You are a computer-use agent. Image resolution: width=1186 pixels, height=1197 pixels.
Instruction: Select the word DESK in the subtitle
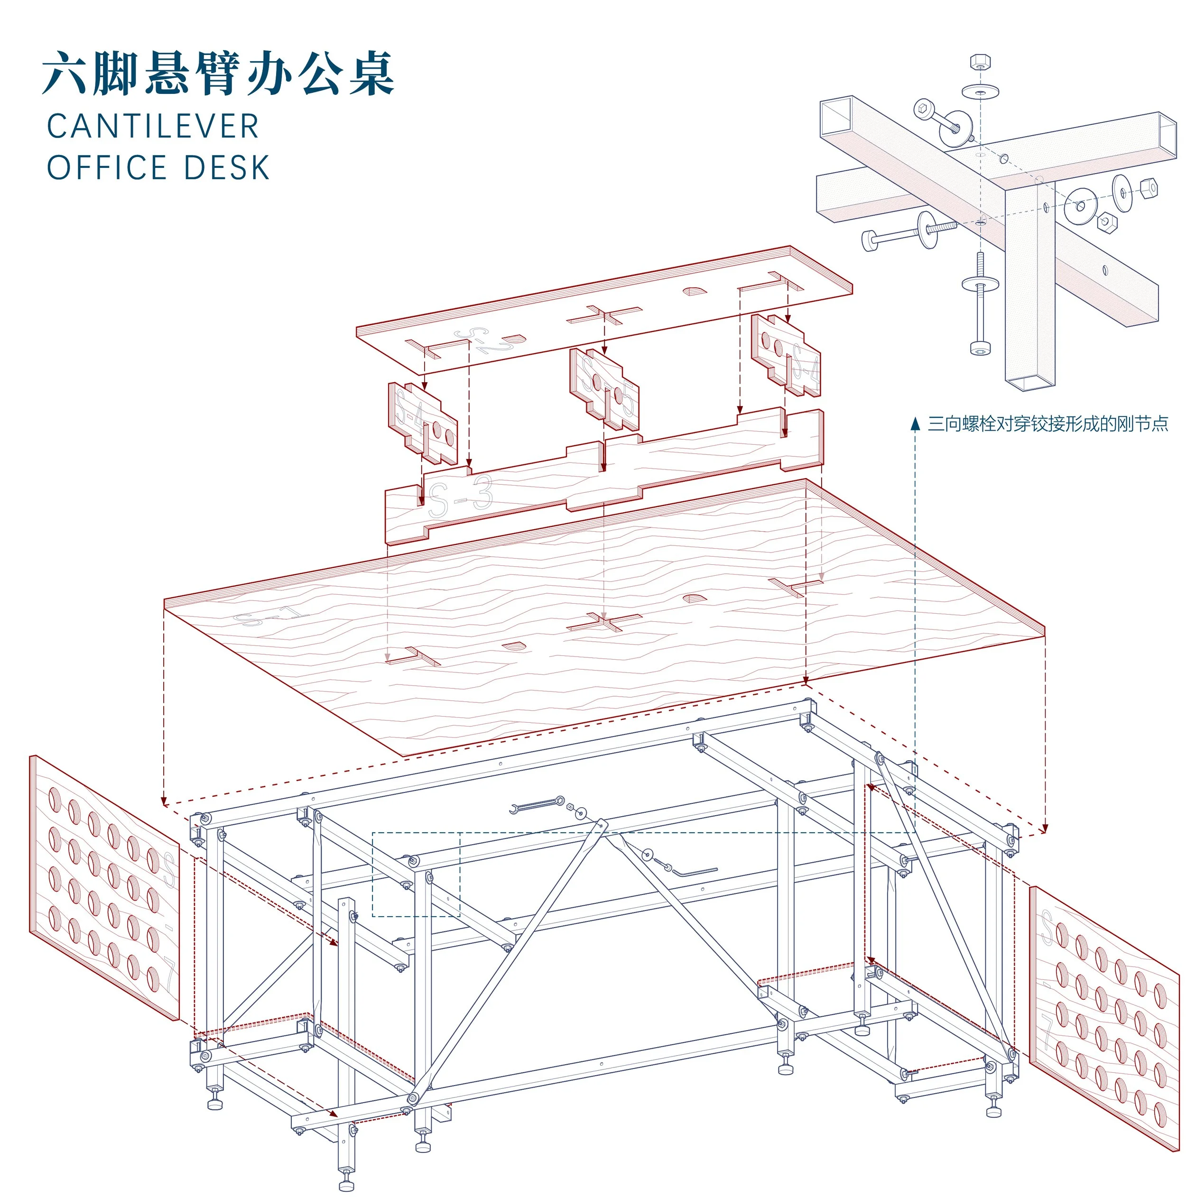click(227, 168)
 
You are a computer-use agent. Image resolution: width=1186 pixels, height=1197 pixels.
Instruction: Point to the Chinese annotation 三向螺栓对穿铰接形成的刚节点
click(1047, 424)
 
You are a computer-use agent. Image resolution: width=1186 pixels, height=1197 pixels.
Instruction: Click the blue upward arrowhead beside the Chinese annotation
click(915, 424)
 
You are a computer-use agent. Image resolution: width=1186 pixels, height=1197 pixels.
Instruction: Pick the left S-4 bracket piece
click(423, 423)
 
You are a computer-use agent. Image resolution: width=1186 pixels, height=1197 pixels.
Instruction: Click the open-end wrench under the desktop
click(536, 805)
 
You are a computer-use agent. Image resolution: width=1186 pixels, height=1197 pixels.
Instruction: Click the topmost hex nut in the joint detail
click(980, 62)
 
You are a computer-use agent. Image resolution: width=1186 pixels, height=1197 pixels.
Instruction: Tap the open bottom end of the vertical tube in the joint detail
click(1030, 385)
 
